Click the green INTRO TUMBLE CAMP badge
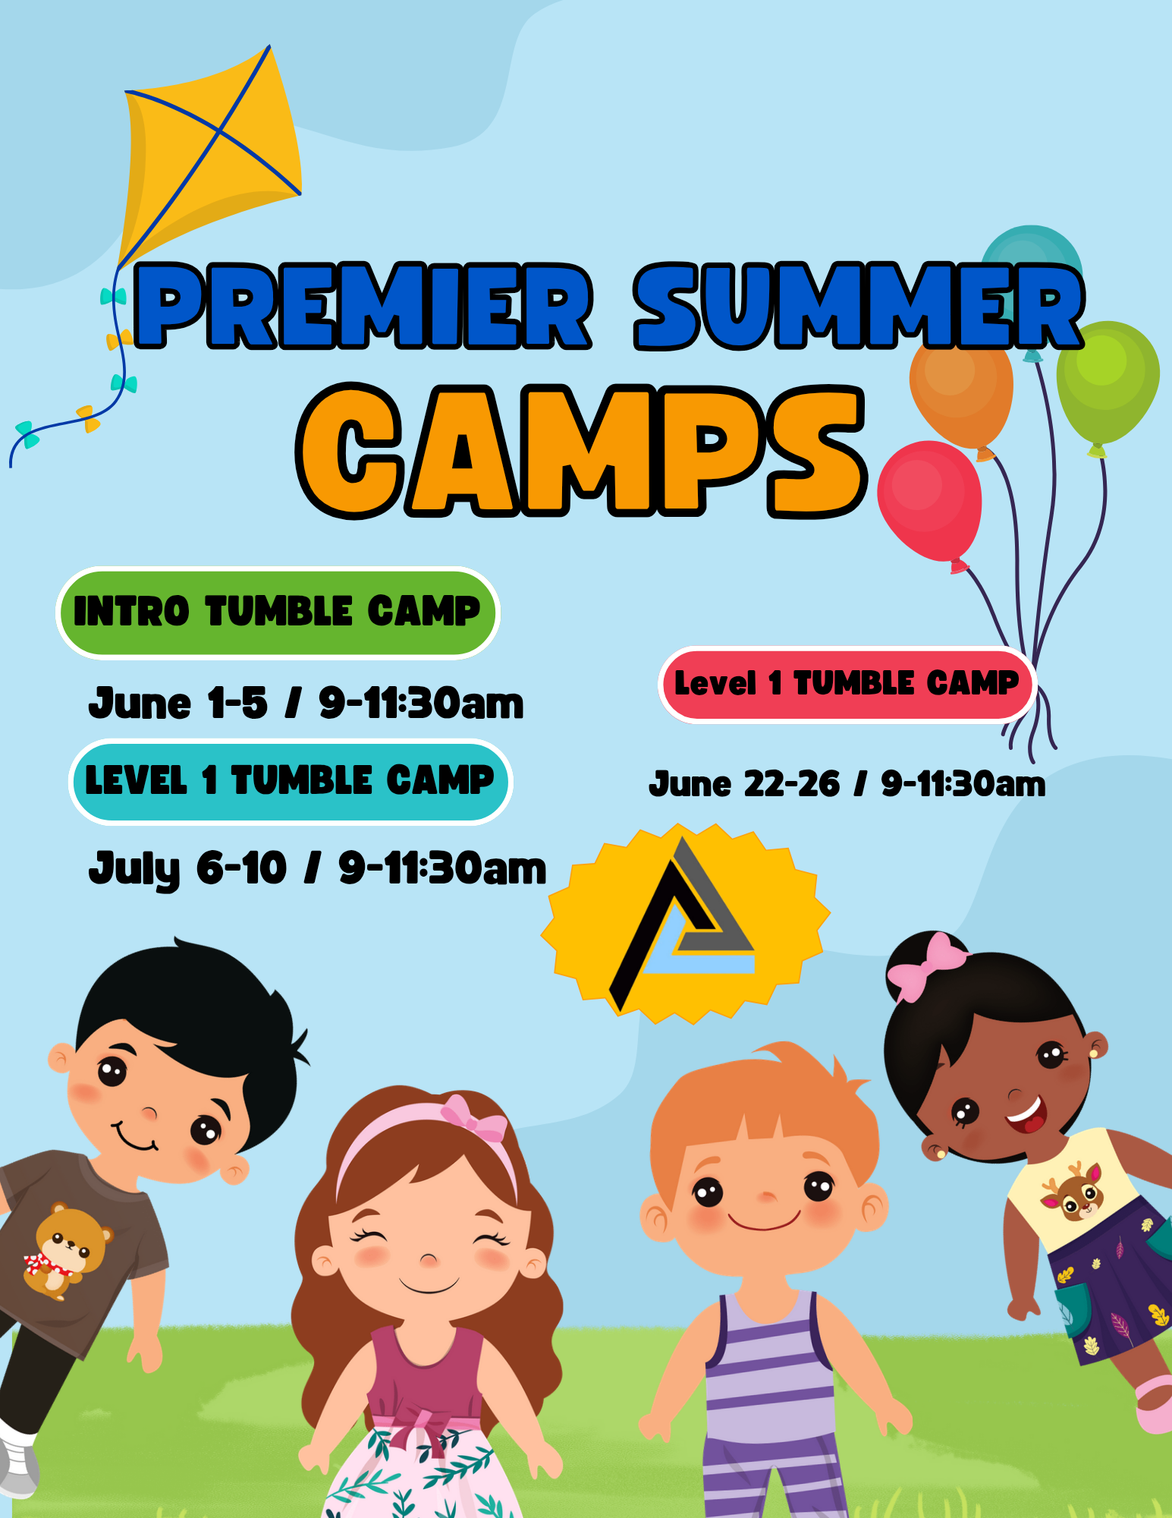(x=278, y=613)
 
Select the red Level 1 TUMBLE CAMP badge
(x=847, y=684)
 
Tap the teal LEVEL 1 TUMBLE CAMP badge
(x=291, y=781)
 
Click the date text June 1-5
(x=178, y=703)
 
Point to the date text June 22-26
(x=744, y=784)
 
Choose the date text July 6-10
(x=187, y=870)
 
